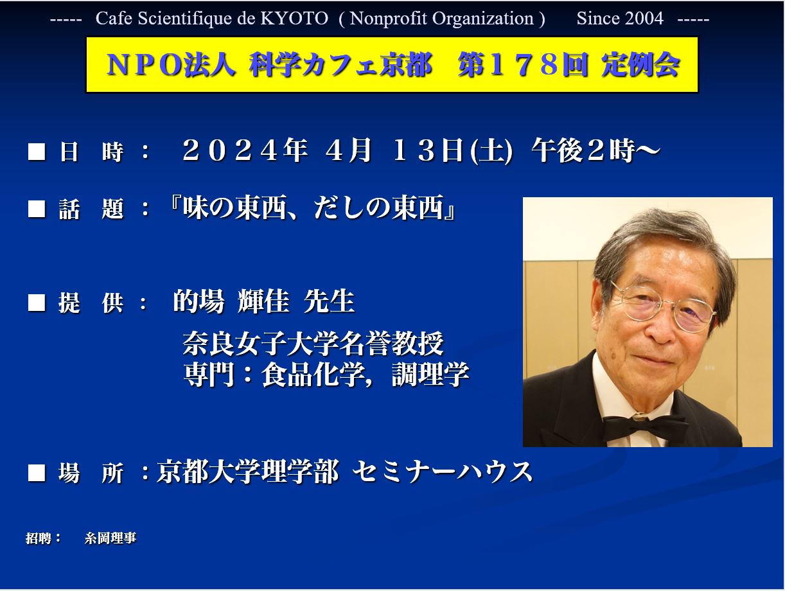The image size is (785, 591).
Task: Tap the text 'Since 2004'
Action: (620, 19)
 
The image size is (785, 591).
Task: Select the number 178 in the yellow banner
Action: (525, 64)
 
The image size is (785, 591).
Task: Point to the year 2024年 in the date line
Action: (245, 150)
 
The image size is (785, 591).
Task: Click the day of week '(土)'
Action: (491, 152)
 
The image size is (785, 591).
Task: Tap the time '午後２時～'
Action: (595, 150)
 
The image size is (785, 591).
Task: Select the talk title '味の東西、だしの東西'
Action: (313, 207)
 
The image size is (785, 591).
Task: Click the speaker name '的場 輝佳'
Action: (231, 301)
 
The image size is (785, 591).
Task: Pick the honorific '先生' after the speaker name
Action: (329, 301)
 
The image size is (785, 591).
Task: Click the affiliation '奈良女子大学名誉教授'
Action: (313, 343)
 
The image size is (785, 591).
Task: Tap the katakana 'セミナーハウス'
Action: (443, 472)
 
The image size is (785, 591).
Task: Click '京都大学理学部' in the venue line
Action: (247, 472)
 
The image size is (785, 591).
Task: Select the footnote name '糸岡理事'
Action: (110, 538)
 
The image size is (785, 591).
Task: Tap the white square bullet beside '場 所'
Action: (37, 473)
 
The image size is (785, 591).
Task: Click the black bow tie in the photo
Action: (644, 427)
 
